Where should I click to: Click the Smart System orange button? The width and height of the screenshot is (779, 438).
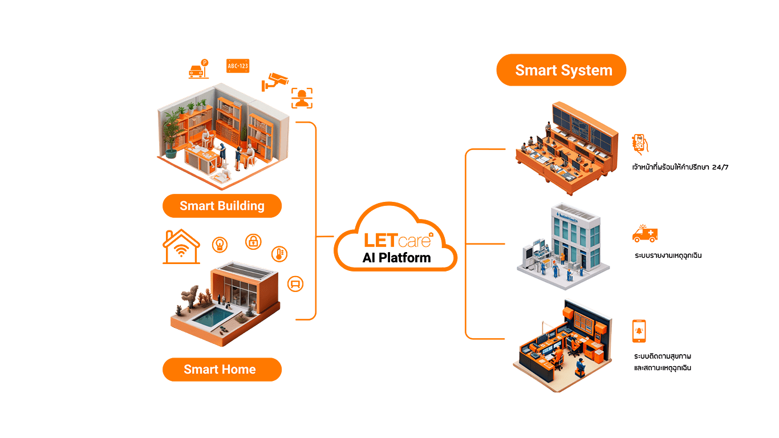click(561, 70)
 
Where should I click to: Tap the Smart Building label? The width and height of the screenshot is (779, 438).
click(222, 206)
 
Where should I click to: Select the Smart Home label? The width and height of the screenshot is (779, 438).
click(222, 370)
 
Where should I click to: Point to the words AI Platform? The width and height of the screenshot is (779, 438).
click(396, 257)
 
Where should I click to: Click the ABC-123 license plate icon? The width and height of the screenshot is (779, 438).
click(238, 66)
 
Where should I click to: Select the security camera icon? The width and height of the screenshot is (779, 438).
click(274, 82)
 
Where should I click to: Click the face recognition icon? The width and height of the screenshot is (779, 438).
click(302, 98)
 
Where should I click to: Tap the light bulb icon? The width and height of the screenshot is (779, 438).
click(220, 245)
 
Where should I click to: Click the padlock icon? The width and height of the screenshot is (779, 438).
click(253, 242)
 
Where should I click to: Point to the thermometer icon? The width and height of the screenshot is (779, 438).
click(279, 254)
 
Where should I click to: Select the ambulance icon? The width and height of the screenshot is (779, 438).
click(645, 233)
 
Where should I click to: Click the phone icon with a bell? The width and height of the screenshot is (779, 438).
click(639, 331)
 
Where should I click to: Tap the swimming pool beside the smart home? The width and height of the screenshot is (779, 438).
click(213, 316)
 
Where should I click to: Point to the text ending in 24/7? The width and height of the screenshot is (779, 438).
click(680, 168)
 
